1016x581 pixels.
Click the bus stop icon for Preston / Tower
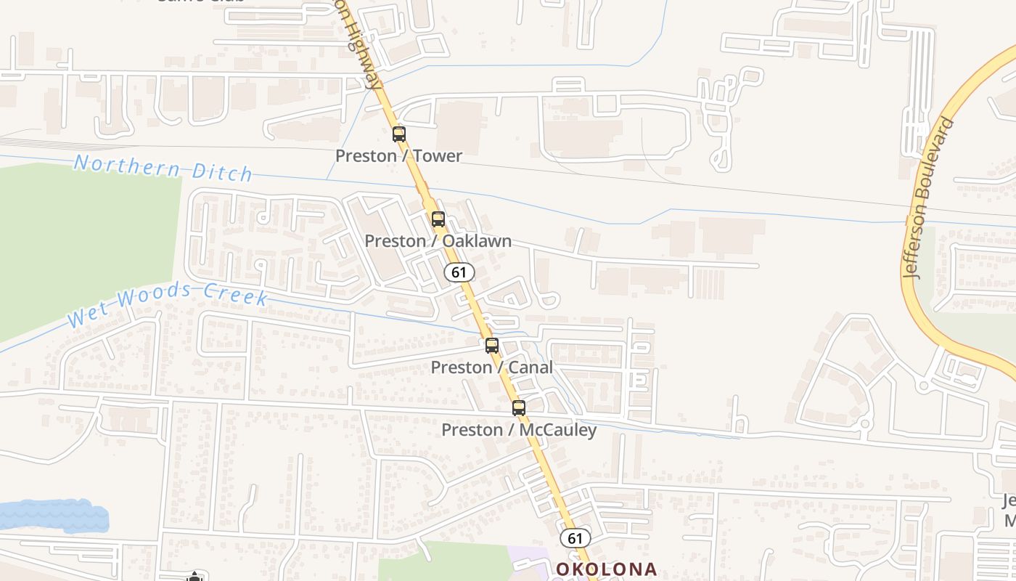click(x=398, y=134)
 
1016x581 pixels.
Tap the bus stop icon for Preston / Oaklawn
click(x=438, y=219)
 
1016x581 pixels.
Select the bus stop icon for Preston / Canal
click(x=492, y=346)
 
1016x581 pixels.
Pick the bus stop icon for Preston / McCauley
click(x=518, y=408)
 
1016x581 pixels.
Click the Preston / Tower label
click(x=398, y=155)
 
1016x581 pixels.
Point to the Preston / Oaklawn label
click(x=438, y=240)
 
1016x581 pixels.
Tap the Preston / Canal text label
click(x=491, y=367)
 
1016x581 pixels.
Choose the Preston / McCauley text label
click(x=519, y=430)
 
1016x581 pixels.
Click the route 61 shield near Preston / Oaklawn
click(x=459, y=272)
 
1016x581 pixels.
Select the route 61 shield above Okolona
click(x=575, y=538)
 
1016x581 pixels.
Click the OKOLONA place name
click(x=607, y=569)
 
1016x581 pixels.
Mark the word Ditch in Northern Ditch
click(x=222, y=172)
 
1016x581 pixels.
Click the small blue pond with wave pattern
click(x=54, y=515)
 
